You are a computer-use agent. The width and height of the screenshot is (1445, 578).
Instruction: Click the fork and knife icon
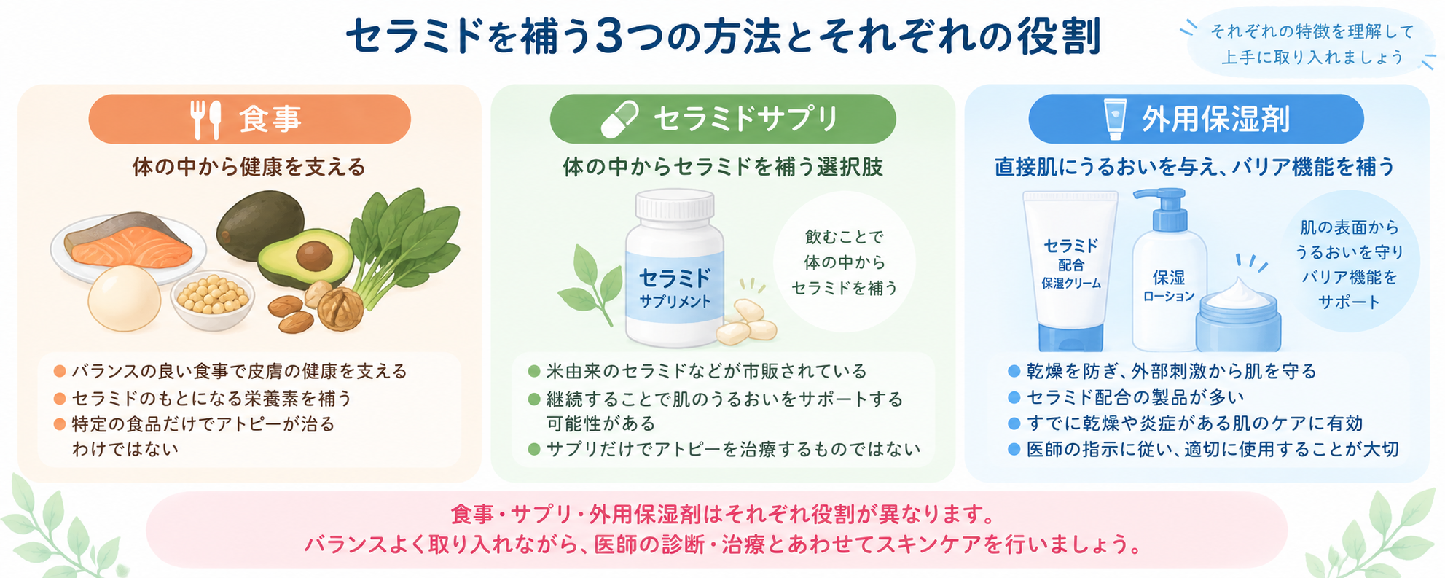click(x=205, y=120)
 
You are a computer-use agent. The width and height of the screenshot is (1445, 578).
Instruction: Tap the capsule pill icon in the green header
click(x=619, y=120)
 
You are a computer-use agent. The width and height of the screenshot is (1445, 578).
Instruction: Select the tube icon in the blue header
click(x=1116, y=119)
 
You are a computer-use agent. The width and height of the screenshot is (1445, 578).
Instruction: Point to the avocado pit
click(x=314, y=255)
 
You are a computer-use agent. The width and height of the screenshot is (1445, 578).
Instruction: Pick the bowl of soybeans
click(x=213, y=299)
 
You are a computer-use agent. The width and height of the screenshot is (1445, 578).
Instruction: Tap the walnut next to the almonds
click(x=340, y=307)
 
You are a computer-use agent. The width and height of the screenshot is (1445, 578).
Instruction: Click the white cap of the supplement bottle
click(x=674, y=205)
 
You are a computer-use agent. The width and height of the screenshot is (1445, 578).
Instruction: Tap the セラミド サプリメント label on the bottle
click(x=675, y=287)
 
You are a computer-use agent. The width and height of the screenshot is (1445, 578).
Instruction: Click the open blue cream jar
click(x=1238, y=314)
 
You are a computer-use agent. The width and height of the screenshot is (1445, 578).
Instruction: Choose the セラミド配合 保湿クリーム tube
click(x=1070, y=270)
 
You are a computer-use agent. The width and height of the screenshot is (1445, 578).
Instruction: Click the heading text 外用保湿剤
click(x=1215, y=120)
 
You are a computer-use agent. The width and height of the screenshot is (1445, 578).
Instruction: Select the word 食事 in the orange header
click(x=270, y=119)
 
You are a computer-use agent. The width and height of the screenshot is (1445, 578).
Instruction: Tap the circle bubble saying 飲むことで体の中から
click(x=844, y=262)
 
